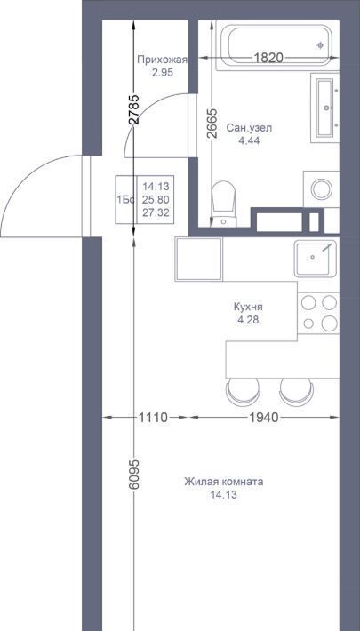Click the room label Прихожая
pos(163,60)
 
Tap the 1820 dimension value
pos(268,58)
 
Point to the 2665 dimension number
pos(212,124)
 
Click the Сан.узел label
pos(249,128)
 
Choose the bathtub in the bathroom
pos(278,45)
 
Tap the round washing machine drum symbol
pos(322,189)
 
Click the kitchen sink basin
pos(315,259)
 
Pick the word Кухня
pos(248,307)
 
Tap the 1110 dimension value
pos(153,418)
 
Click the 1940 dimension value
pos(263,418)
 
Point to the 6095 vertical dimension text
pos(134,474)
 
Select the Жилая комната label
pos(224,482)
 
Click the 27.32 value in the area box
pos(156,212)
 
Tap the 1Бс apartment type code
pos(125,200)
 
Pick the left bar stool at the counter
pos(243,392)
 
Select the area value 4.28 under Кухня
pos(248,320)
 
